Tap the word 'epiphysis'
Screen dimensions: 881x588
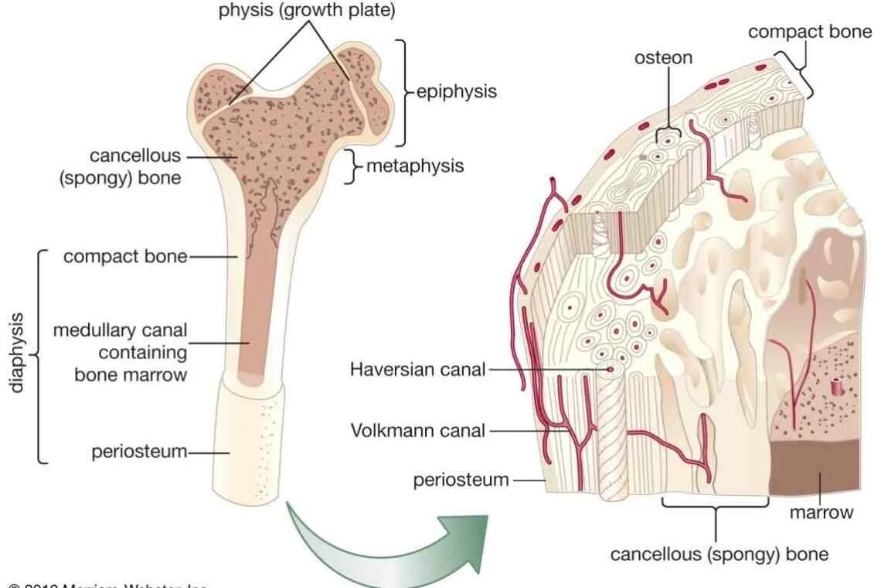point(456,91)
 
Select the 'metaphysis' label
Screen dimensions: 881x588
point(415,166)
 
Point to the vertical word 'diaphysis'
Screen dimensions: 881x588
point(18,352)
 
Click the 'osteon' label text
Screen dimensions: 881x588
point(663,58)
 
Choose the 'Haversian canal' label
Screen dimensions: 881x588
point(417,369)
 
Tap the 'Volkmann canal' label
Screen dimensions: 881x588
point(417,430)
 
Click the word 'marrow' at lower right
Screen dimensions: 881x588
point(821,512)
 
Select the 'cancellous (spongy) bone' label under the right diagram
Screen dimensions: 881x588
point(719,554)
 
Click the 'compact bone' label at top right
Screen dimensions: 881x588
point(810,32)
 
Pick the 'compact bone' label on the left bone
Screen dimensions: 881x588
point(125,255)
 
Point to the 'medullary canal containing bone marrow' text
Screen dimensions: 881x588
point(120,352)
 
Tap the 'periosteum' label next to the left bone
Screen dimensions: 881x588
point(139,451)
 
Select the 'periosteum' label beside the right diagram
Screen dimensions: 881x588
point(461,480)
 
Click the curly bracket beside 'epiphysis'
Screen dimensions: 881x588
point(403,91)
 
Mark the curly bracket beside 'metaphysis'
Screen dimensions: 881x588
point(352,166)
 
